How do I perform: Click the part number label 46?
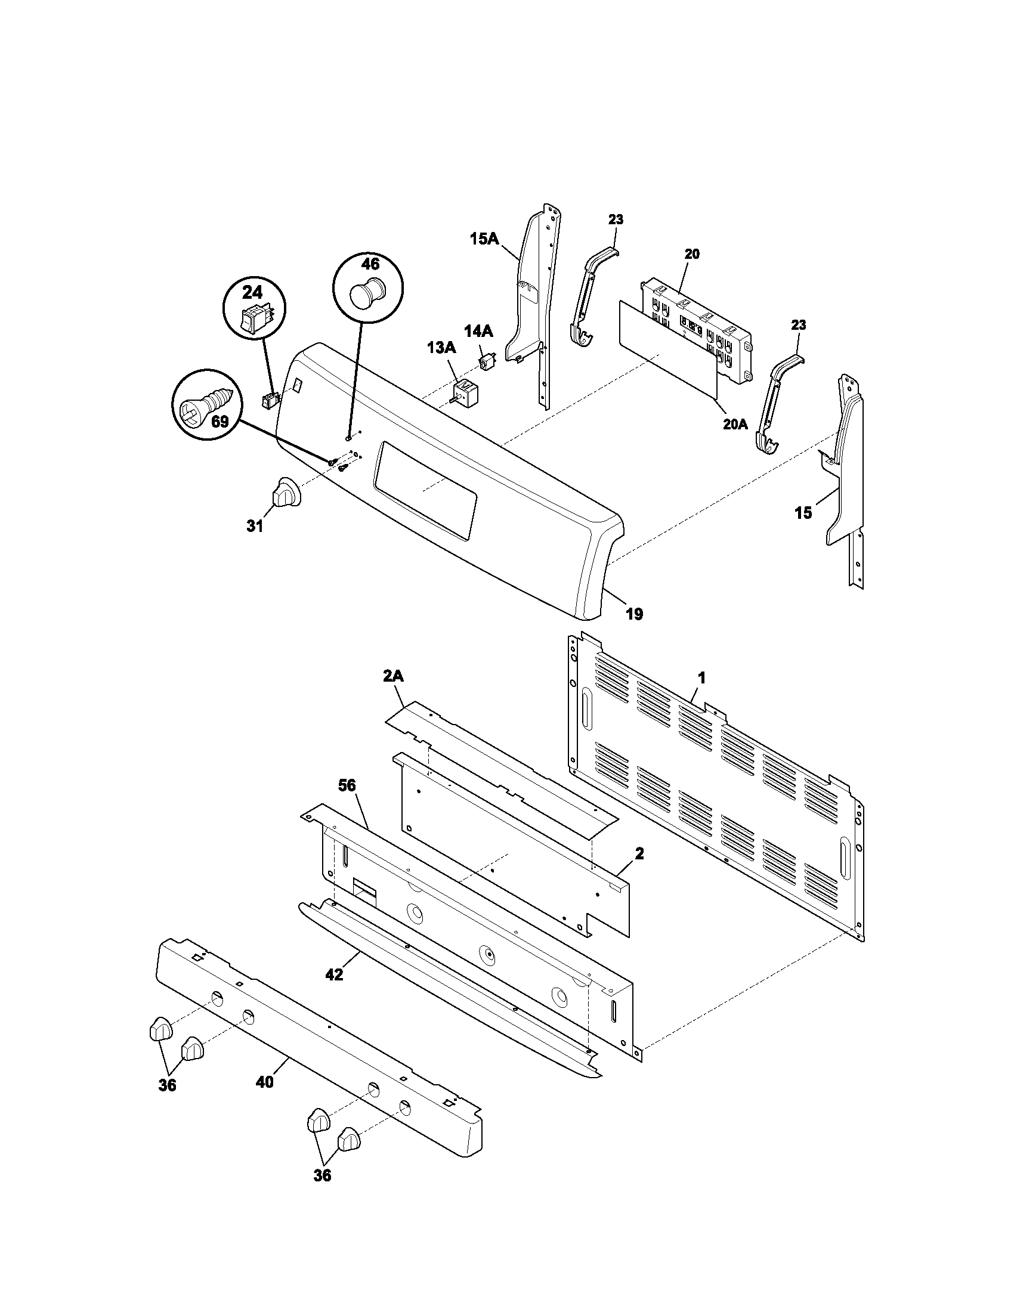(x=370, y=264)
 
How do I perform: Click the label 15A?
(x=484, y=239)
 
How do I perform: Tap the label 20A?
(x=735, y=425)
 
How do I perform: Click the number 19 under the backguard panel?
(x=635, y=613)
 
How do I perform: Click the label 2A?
(x=393, y=676)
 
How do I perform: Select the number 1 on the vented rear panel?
(x=700, y=678)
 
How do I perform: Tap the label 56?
(x=347, y=785)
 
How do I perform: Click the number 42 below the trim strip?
(x=334, y=975)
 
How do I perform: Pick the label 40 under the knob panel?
(x=265, y=1082)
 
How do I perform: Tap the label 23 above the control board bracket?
(x=616, y=220)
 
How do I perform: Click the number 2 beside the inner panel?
(x=639, y=853)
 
